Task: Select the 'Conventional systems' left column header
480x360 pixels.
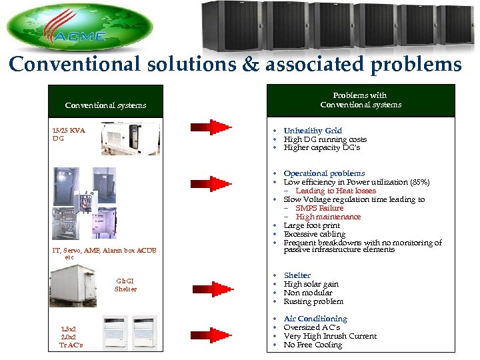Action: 105,105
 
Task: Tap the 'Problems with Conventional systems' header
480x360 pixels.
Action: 361,100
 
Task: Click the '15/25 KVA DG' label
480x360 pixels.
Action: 69,134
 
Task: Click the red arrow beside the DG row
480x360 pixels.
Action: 211,127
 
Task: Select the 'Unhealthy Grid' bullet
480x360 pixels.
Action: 312,131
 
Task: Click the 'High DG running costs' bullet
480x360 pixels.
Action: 325,139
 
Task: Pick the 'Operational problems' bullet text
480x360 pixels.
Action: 324,173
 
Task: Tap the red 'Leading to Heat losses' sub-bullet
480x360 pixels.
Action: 335,191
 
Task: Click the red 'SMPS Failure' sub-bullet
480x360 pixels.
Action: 319,208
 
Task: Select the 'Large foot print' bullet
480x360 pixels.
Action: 311,225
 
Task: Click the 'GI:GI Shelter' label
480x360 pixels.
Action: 125,285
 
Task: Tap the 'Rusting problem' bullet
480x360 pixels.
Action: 313,301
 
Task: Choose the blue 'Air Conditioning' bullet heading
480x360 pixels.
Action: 315,319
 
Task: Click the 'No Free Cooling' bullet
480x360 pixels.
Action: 313,345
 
